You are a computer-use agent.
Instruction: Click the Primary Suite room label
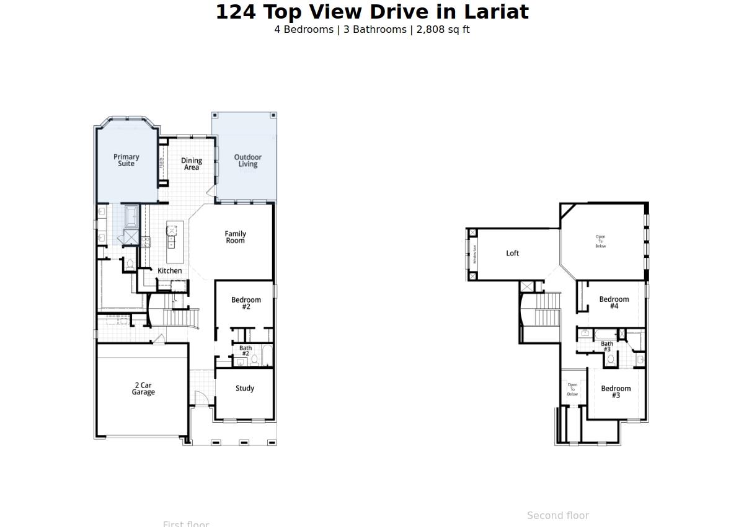point(126,161)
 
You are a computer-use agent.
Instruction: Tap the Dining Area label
point(192,164)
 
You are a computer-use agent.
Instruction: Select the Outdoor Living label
point(247,161)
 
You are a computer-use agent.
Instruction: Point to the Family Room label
point(235,237)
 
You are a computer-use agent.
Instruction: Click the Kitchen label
point(170,271)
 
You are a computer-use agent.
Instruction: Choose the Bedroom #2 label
point(246,303)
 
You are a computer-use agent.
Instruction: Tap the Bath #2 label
point(246,351)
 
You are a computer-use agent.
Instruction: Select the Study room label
point(245,389)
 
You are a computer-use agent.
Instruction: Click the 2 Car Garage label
point(143,389)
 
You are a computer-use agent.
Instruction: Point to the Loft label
point(513,254)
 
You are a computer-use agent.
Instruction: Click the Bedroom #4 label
point(614,303)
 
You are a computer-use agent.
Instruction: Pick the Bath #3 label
point(607,347)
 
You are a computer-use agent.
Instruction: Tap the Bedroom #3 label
point(616,392)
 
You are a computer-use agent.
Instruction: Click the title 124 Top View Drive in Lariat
point(372,12)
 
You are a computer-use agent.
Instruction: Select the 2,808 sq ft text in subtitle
point(443,30)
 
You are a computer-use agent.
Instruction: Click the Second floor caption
point(558,516)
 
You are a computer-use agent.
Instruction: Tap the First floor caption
point(186,524)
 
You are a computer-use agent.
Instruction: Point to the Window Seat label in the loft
point(475,254)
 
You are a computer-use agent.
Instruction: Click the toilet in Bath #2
point(254,360)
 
